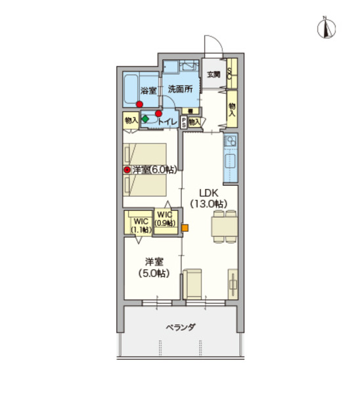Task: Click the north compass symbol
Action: [326, 28]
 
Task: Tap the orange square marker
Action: [185, 228]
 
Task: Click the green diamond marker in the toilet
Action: [145, 119]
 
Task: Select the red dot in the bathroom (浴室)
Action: [139, 104]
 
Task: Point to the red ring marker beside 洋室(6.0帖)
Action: [127, 170]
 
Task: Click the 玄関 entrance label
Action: [214, 75]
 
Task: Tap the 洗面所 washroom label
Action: [180, 89]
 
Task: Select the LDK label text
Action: [208, 193]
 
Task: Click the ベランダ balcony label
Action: [181, 327]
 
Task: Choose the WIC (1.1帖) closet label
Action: [141, 225]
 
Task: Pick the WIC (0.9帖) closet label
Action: [165, 219]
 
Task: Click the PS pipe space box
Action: [184, 123]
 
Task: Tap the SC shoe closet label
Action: [229, 74]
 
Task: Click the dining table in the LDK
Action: [225, 227]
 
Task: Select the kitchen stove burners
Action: [231, 141]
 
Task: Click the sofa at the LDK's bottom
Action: [192, 284]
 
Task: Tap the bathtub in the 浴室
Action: [131, 90]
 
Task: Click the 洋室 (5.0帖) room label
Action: [154, 267]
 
